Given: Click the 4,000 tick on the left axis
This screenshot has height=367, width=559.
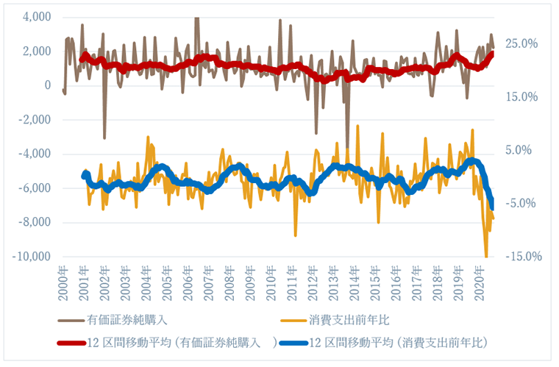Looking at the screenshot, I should [x=35, y=17].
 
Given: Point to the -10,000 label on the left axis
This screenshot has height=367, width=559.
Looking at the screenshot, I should [x=31, y=257].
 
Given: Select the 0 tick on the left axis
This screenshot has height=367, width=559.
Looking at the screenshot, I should [x=47, y=85].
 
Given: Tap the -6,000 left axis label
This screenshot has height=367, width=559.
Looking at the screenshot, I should [x=33, y=188].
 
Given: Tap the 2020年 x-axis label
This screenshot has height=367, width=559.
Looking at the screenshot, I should [x=480, y=282].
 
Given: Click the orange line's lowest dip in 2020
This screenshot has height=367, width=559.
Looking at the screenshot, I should [x=486, y=256].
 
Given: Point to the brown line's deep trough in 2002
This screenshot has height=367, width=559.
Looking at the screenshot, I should [x=104, y=138].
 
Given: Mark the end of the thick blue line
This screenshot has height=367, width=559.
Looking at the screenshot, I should [x=492, y=208].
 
